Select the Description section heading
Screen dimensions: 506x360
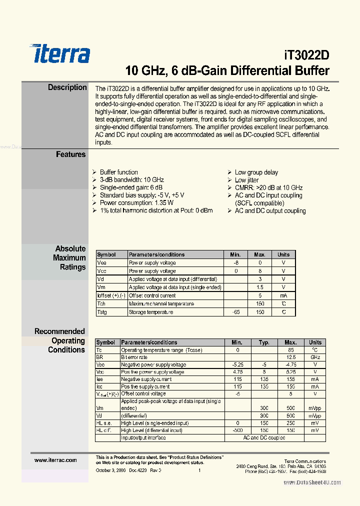(x=67, y=87)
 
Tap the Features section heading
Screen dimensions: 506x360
(x=70, y=154)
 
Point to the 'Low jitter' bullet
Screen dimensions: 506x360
(x=246, y=180)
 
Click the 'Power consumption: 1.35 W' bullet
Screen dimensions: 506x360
(x=136, y=203)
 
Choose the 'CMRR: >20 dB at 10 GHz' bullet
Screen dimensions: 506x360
(x=268, y=187)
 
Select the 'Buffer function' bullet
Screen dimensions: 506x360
(x=118, y=172)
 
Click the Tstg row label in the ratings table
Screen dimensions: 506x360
(x=101, y=312)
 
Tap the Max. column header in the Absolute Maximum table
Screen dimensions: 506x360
(x=259, y=254)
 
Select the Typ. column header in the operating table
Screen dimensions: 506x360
(x=264, y=342)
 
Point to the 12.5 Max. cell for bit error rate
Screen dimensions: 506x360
(x=290, y=357)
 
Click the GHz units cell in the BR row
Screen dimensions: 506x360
(x=315, y=357)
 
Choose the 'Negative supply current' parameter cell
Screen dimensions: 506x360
(x=145, y=379)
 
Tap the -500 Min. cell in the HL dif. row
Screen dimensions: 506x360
(x=237, y=430)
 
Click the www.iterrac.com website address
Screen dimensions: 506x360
(x=55, y=460)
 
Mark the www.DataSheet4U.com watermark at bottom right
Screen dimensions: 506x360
(x=312, y=482)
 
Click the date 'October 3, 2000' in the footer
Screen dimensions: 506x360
(x=110, y=470)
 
